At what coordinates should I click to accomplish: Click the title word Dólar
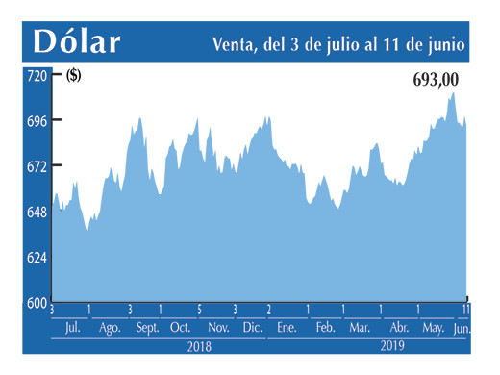76,42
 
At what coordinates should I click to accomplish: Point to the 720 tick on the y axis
37,75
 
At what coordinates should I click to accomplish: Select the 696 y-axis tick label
37,120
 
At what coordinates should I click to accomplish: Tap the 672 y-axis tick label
37,166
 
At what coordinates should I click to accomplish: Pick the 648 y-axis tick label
37,212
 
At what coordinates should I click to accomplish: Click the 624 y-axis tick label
37,258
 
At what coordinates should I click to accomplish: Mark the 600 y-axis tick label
37,303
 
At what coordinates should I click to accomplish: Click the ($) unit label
73,76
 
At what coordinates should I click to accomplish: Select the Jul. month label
72,328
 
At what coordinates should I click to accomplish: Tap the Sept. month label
146,328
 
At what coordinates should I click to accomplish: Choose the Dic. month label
253,328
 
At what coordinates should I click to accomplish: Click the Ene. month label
286,328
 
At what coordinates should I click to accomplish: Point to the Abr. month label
398,328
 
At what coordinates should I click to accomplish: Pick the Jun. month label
462,328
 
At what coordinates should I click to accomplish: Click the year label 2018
199,345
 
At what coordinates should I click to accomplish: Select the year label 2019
393,345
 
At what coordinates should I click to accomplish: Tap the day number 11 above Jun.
466,310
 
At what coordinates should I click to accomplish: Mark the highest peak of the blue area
453,92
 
